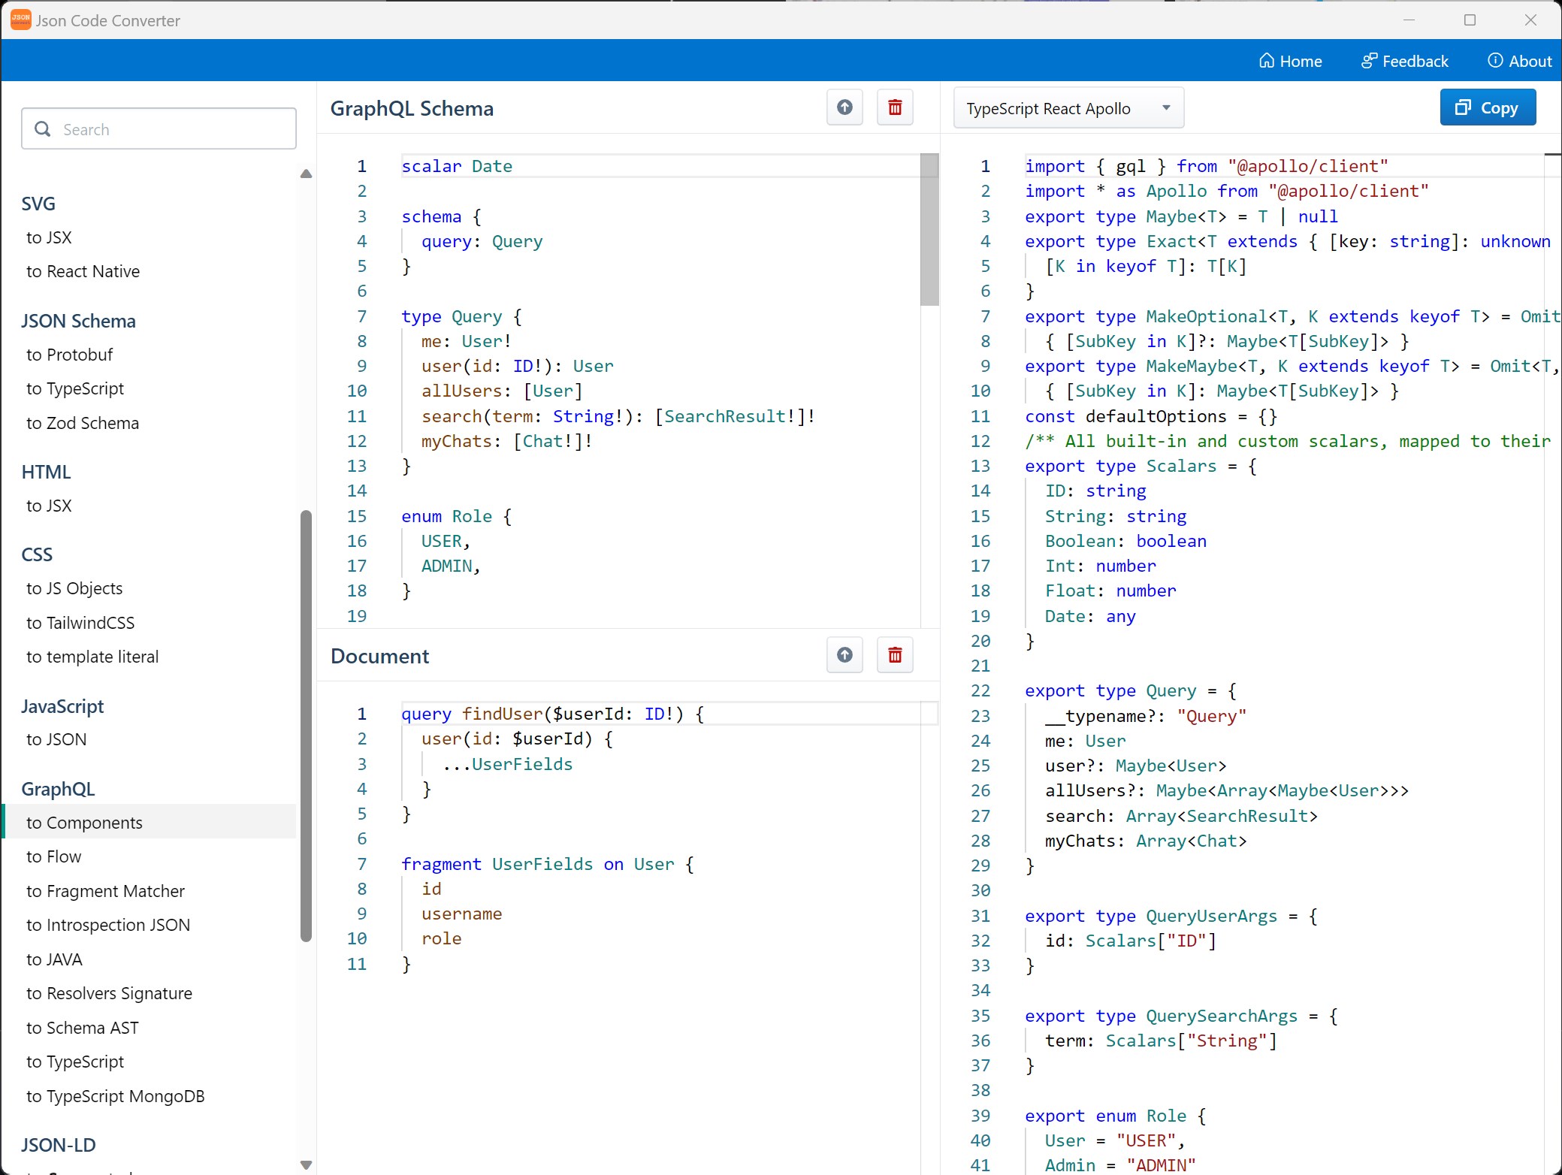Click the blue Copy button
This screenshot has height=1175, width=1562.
pyautogui.click(x=1487, y=108)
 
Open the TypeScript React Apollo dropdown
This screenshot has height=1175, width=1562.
pyautogui.click(x=1068, y=108)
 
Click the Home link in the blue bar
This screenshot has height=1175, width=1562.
pyautogui.click(x=1290, y=61)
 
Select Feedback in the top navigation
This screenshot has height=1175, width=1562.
pyautogui.click(x=1404, y=61)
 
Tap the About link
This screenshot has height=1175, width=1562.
pyautogui.click(x=1519, y=61)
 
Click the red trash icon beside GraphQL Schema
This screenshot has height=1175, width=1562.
pyautogui.click(x=895, y=107)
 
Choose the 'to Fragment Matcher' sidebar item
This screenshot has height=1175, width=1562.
pyautogui.click(x=105, y=891)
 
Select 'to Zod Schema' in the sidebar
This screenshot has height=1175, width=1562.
pyautogui.click(x=83, y=423)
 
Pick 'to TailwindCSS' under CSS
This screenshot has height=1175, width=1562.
pyautogui.click(x=80, y=623)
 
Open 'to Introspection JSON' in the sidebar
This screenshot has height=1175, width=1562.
pyautogui.click(x=108, y=925)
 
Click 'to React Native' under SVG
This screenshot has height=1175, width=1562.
pyautogui.click(x=83, y=271)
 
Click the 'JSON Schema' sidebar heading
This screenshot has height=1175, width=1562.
pyautogui.click(x=78, y=321)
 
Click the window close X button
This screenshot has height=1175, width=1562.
pyautogui.click(x=1530, y=20)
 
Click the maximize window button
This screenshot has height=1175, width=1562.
pyautogui.click(x=1470, y=20)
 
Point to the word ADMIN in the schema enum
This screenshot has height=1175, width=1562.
pyautogui.click(x=446, y=566)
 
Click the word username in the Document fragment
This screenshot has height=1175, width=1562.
pyautogui.click(x=461, y=914)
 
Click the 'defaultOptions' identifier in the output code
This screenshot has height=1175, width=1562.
pyautogui.click(x=1156, y=416)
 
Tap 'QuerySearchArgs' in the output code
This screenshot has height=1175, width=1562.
pyautogui.click(x=1222, y=1016)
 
